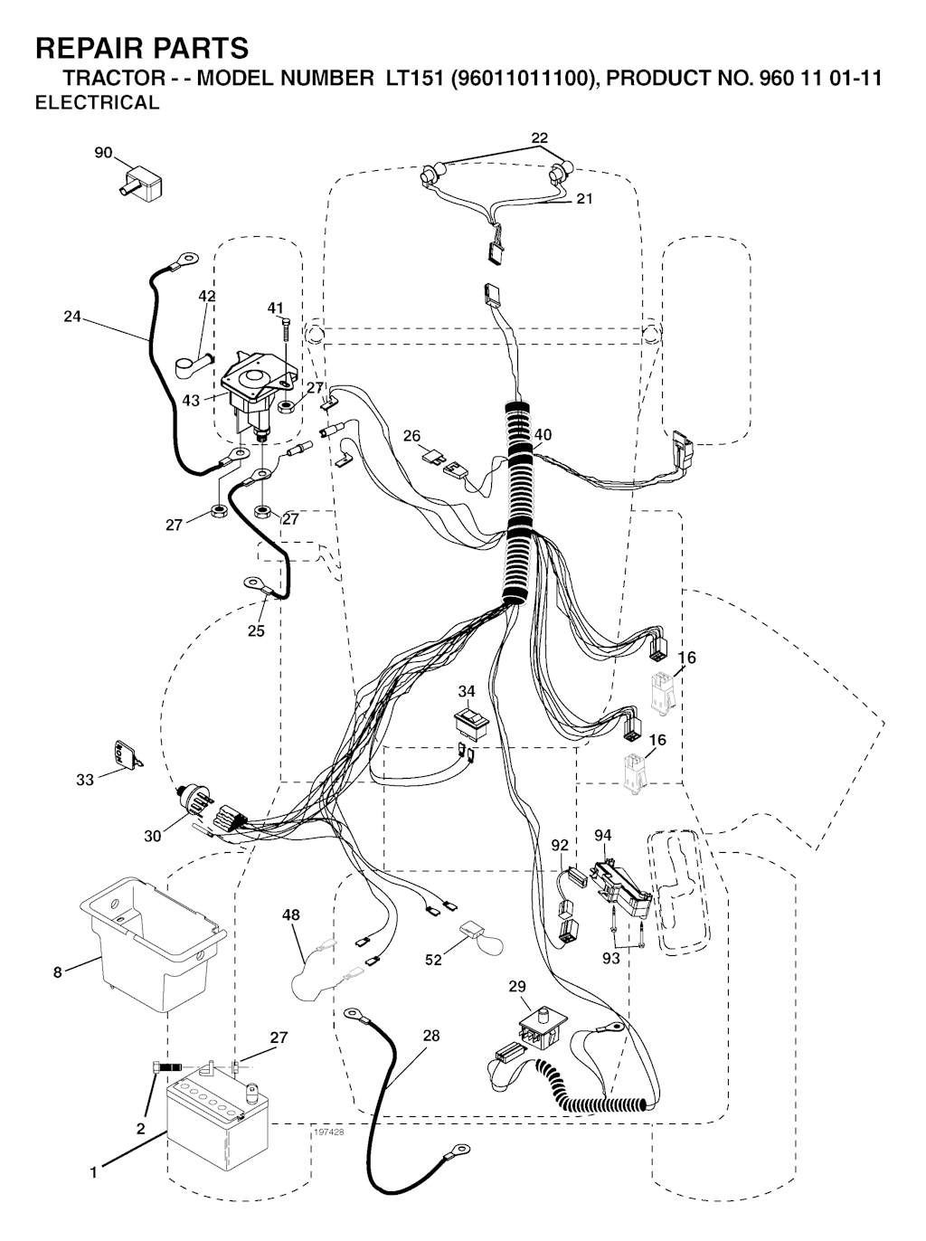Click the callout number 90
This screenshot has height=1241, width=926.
click(104, 153)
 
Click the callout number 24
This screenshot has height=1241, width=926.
click(72, 317)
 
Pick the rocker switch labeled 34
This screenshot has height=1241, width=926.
click(471, 721)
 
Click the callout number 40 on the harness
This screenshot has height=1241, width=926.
click(543, 434)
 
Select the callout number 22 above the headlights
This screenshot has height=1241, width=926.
click(540, 137)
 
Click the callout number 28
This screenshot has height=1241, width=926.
click(431, 1035)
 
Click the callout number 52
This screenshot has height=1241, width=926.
click(434, 960)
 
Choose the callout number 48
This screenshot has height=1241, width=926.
click(291, 915)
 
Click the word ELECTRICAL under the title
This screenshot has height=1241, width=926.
click(97, 102)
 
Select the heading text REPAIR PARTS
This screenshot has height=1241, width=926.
click(141, 47)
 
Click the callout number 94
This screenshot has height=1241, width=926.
click(603, 835)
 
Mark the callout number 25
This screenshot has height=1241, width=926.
click(257, 630)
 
